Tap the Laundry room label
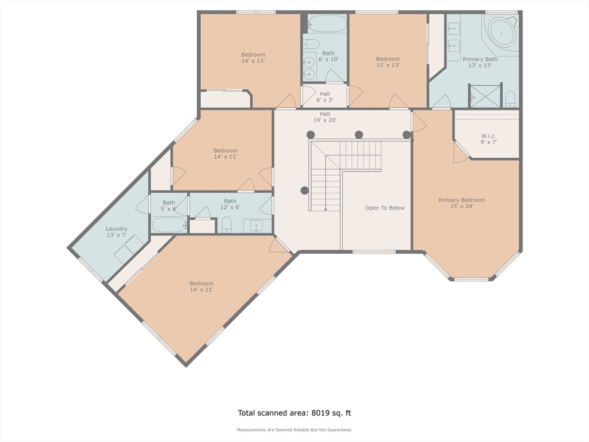[x=116, y=232]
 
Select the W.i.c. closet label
[x=488, y=139]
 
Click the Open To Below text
[x=385, y=208]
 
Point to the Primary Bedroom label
[x=462, y=203]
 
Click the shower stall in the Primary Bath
[x=484, y=96]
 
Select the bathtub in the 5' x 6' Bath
[x=169, y=225]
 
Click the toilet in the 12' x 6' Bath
[x=227, y=224]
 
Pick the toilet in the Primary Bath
[x=510, y=99]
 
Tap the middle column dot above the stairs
[x=359, y=135]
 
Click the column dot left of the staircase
[x=305, y=190]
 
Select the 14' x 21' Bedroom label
[x=201, y=287]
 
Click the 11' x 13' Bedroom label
[x=388, y=62]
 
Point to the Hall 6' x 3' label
[x=325, y=97]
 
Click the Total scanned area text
[x=294, y=413]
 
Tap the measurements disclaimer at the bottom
[x=294, y=429]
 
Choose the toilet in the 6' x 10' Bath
[x=311, y=44]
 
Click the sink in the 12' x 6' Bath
[x=257, y=226]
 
